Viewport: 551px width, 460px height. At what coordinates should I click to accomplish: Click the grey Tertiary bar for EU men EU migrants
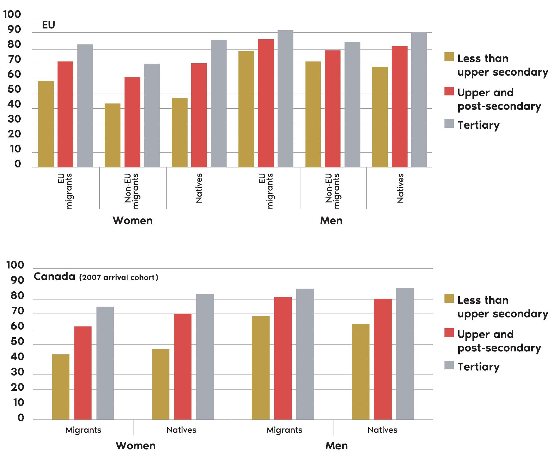[285, 99]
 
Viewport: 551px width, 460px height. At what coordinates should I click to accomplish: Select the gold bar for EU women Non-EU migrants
[113, 135]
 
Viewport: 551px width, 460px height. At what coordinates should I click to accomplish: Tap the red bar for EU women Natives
[199, 115]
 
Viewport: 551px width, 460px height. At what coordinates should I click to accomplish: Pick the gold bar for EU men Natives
[380, 117]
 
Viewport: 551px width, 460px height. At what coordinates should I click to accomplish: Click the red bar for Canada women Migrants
[83, 373]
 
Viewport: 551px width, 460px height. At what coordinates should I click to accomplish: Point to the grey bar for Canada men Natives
[405, 354]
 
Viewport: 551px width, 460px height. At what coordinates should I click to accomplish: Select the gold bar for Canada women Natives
[161, 384]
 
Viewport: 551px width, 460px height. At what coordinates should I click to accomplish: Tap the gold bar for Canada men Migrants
[260, 368]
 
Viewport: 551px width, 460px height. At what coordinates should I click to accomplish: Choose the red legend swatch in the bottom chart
[449, 333]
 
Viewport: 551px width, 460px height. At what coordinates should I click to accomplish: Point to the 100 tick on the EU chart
[12, 14]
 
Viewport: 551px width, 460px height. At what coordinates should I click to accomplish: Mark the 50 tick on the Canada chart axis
[17, 341]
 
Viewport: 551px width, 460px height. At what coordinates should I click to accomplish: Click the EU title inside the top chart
[48, 25]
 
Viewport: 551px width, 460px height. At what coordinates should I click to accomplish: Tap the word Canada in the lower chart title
[54, 276]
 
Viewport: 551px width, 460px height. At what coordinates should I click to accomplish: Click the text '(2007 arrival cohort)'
[119, 277]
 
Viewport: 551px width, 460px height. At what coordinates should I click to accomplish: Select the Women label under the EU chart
[133, 221]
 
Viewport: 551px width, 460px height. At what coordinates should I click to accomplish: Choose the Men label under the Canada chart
[336, 446]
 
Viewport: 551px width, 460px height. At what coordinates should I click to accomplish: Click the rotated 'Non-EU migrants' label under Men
[333, 191]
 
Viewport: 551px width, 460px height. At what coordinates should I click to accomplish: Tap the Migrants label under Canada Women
[83, 430]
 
